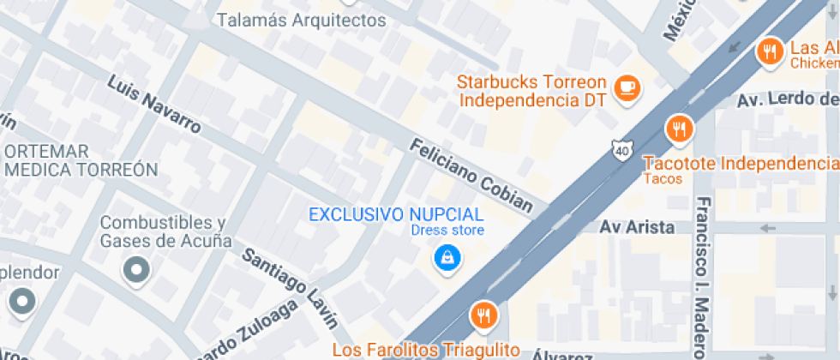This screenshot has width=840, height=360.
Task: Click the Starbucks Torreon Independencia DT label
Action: click(531, 91)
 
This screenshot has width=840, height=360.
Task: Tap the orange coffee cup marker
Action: click(628, 87)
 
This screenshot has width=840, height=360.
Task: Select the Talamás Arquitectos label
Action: click(301, 20)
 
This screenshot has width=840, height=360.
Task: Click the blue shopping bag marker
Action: click(445, 257)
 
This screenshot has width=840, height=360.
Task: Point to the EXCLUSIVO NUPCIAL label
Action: click(396, 214)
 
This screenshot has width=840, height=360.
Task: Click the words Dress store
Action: click(447, 231)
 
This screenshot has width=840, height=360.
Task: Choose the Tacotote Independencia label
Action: click(740, 163)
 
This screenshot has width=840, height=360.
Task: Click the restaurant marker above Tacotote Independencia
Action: click(680, 129)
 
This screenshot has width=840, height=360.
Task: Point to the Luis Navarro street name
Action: click(154, 105)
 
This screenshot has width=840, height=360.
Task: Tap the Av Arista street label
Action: click(638, 227)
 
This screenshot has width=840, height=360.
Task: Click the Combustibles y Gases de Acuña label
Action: click(166, 231)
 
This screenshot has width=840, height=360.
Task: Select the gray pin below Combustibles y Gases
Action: click(136, 271)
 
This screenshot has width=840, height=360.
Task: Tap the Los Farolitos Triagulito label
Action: click(426, 350)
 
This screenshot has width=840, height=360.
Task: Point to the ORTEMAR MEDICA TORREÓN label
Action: click(81, 160)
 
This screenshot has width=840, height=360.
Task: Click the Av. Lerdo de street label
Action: click(788, 101)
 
